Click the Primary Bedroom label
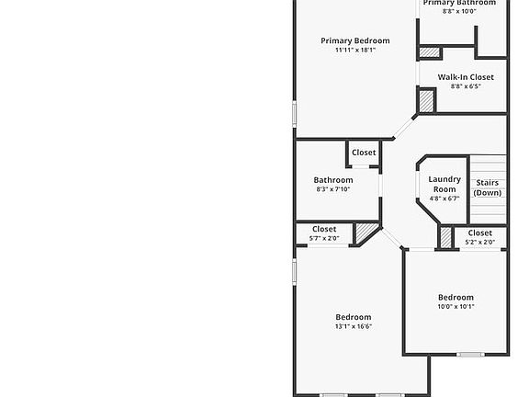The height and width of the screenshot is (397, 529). click(355, 40)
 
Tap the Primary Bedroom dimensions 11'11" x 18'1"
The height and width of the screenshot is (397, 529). click(355, 51)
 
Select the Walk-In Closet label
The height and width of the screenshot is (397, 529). click(466, 77)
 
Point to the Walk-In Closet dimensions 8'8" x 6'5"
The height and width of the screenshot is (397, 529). click(466, 86)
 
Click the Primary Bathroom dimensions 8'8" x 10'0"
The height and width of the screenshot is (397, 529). click(459, 12)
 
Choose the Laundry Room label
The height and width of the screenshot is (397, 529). click(445, 184)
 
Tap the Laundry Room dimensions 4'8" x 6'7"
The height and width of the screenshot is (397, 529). click(445, 198)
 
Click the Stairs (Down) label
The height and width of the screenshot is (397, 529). click(488, 187)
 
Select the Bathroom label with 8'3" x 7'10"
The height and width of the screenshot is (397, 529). click(333, 180)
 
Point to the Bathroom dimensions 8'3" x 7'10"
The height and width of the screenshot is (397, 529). click(333, 189)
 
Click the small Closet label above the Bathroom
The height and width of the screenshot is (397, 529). click(364, 153)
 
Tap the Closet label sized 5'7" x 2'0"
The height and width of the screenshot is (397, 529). click(324, 229)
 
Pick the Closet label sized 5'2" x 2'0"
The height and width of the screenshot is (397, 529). click(479, 233)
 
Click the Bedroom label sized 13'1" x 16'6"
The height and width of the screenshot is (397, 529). click(354, 317)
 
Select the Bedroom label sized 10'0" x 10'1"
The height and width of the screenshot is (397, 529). click(456, 297)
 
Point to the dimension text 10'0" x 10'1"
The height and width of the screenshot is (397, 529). click(456, 307)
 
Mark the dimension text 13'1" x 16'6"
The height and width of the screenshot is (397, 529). click(354, 326)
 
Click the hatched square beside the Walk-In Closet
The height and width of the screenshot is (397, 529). click(426, 100)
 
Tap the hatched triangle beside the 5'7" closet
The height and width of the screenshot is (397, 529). click(366, 232)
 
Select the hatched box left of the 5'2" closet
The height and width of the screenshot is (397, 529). click(445, 238)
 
